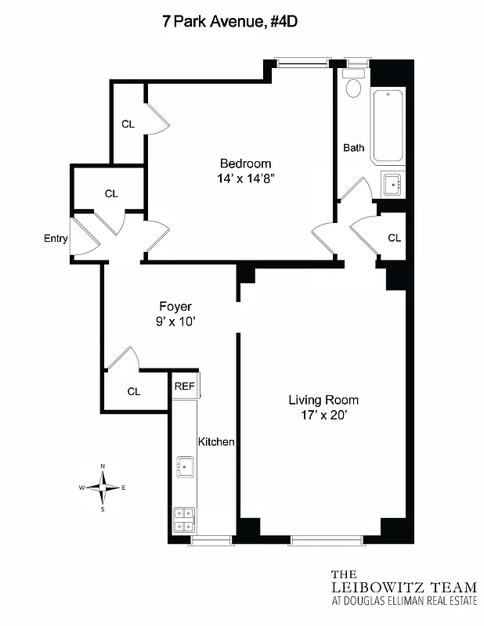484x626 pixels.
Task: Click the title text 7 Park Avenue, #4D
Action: (x=229, y=22)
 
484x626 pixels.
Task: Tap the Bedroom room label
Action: (x=245, y=164)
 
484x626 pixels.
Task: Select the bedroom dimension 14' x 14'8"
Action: (x=245, y=179)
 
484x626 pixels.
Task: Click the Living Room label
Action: (x=323, y=400)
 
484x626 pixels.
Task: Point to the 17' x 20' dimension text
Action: (x=323, y=416)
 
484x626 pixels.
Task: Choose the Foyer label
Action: (x=175, y=306)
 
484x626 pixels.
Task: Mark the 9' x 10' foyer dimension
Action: (x=175, y=321)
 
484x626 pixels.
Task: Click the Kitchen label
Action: (x=216, y=441)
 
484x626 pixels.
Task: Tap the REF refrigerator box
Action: (x=185, y=386)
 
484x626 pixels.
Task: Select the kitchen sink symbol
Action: (x=185, y=467)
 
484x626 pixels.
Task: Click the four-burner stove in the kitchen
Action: (x=185, y=520)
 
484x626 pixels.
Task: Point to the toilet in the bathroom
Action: (x=353, y=85)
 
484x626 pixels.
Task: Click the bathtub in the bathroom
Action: (x=388, y=126)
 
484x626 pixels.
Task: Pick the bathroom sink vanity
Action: (x=392, y=185)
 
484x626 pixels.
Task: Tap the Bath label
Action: (x=354, y=147)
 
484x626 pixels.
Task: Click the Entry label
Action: (x=56, y=239)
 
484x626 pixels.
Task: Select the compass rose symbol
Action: (x=103, y=487)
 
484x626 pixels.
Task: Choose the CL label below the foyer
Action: (x=134, y=391)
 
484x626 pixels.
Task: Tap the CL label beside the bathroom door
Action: (x=395, y=238)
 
